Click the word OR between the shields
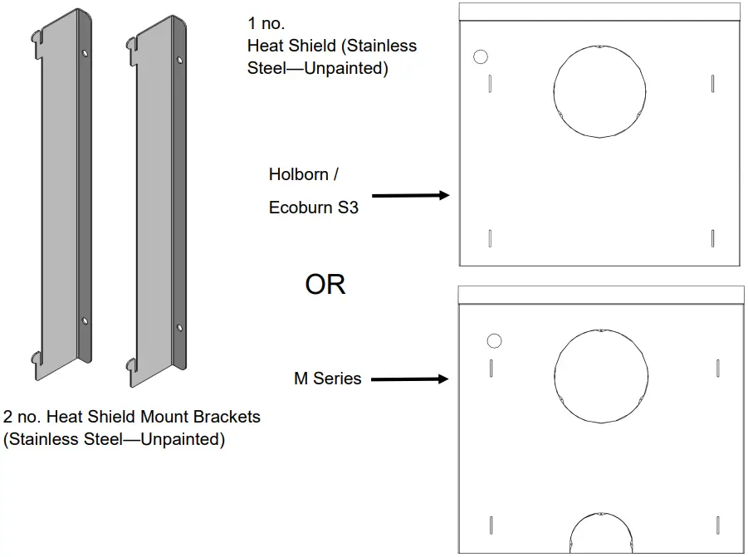click(325, 285)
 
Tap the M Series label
click(327, 379)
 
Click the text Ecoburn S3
click(313, 208)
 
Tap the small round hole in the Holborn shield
click(480, 57)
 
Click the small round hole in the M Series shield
click(494, 341)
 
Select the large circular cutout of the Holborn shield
click(599, 91)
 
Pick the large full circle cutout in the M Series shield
click(599, 376)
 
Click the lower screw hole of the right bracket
click(179, 326)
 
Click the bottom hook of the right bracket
click(130, 363)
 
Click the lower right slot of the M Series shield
click(716, 524)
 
